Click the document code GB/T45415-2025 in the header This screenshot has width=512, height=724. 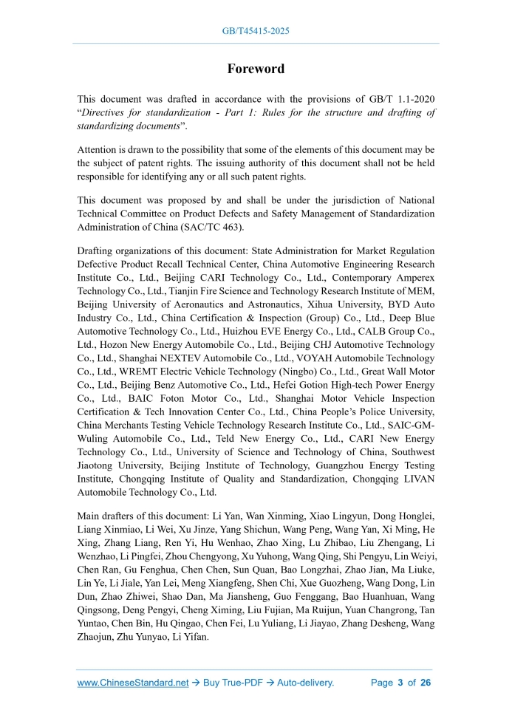(256, 31)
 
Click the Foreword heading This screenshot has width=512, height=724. (256, 69)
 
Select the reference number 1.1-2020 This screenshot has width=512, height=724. (412, 98)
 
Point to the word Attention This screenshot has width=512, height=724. (100, 150)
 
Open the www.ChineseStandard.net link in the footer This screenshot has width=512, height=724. (133, 683)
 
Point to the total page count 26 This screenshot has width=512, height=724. (425, 683)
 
